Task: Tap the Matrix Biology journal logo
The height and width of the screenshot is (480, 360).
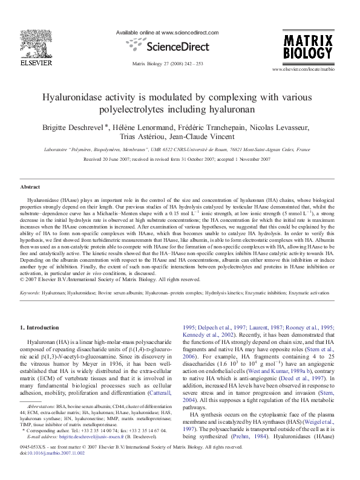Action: (x=309, y=47)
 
